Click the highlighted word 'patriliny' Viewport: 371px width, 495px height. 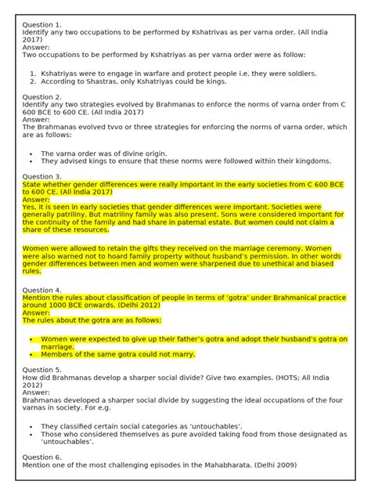74,214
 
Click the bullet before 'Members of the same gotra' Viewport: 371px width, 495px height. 30,354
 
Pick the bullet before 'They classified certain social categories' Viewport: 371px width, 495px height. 30,427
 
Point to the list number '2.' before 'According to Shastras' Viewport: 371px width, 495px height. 32,81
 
